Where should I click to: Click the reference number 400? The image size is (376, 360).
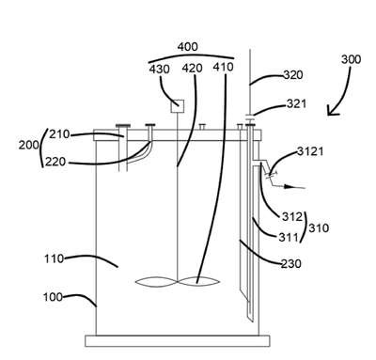click(188, 47)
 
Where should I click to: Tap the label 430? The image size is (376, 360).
click(160, 69)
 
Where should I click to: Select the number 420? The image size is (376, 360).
click(193, 68)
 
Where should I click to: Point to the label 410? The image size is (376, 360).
click(223, 67)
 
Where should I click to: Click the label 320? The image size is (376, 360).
click(293, 75)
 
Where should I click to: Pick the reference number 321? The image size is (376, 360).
click(296, 103)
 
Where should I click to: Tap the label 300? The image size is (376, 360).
click(351, 59)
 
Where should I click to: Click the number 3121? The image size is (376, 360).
click(310, 151)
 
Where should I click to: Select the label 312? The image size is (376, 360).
click(292, 216)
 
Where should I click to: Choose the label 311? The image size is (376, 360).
click(289, 237)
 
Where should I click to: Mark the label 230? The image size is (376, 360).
click(291, 263)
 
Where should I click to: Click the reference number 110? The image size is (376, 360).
click(55, 258)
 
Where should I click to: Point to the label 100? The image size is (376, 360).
click(53, 297)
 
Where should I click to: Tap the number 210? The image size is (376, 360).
click(59, 134)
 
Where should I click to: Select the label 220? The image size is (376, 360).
click(55, 162)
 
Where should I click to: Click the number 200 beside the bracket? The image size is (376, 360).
click(29, 145)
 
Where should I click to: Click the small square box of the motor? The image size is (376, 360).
click(178, 106)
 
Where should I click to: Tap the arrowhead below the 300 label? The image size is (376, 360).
click(332, 111)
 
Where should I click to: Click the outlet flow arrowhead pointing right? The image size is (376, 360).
click(289, 187)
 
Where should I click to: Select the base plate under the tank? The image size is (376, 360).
click(178, 341)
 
